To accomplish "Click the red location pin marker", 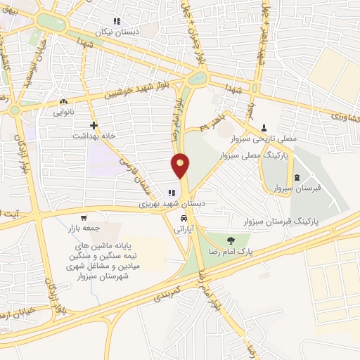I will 181,165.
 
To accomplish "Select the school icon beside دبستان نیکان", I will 117,21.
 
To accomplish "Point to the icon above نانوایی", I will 64,101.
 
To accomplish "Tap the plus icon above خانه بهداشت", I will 94,124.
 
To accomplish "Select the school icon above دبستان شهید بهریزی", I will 171,193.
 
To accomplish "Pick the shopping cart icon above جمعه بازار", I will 84,218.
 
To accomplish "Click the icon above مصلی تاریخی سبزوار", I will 264,127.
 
